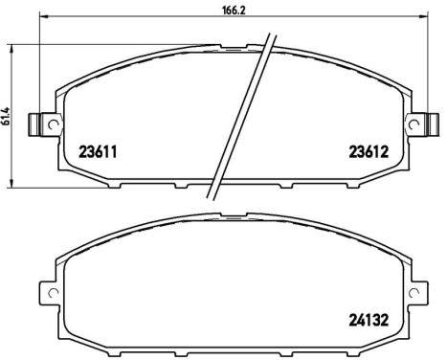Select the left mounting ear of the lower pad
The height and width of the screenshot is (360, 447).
click(48, 290)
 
